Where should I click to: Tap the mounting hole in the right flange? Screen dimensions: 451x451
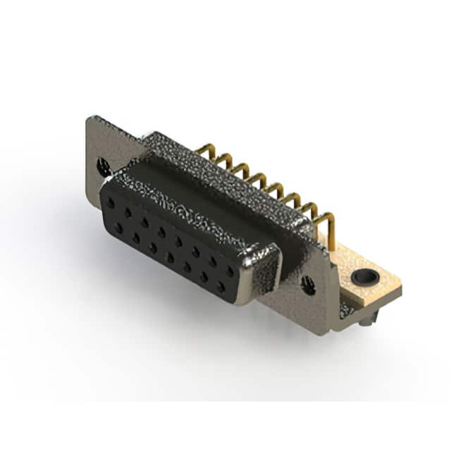click(308, 285)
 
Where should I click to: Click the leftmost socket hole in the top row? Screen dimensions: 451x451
click(113, 201)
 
